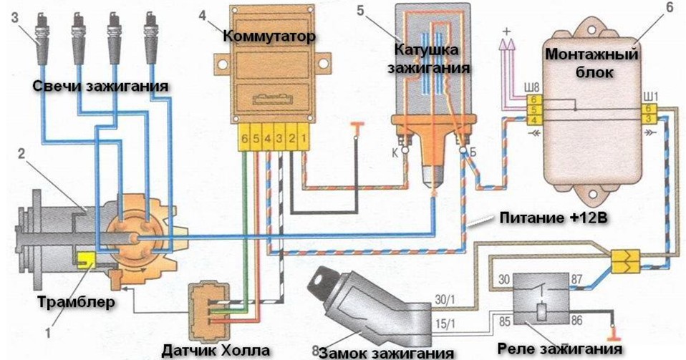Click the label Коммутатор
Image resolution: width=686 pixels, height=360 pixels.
[x=269, y=36]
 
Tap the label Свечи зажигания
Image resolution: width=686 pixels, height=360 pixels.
[x=100, y=86]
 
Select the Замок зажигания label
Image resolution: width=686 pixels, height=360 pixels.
[x=387, y=352]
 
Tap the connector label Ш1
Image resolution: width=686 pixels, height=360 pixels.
[x=650, y=96]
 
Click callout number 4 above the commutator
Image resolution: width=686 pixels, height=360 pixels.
[x=203, y=15]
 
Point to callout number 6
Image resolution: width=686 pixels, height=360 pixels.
[x=669, y=8]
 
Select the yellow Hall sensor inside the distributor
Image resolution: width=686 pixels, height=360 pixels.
[x=88, y=260]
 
